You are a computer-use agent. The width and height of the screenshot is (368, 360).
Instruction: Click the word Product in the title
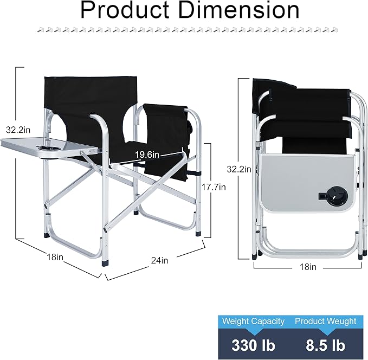click(x=125, y=10)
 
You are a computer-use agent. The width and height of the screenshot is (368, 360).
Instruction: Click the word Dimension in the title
click(x=238, y=10)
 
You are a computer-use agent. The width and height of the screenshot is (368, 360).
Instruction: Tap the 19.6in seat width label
click(x=147, y=155)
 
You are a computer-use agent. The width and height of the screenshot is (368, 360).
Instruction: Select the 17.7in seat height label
click(x=214, y=187)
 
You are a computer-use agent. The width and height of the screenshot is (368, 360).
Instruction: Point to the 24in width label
click(x=159, y=260)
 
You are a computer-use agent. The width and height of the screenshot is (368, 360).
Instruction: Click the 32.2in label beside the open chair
click(x=18, y=130)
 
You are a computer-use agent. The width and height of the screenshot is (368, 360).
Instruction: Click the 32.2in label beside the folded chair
click(x=239, y=169)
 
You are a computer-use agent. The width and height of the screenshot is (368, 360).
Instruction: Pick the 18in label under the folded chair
click(x=308, y=267)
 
